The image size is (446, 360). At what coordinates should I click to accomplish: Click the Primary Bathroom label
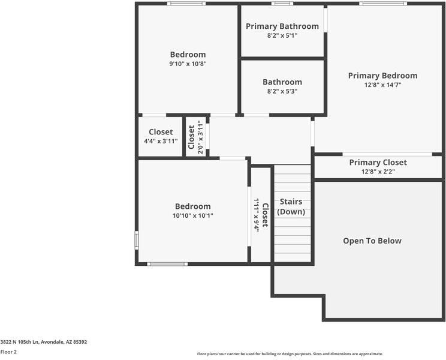point(282,26)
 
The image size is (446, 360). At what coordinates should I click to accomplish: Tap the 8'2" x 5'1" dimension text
point(282,36)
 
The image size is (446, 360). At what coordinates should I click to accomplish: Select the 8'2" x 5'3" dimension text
point(282,92)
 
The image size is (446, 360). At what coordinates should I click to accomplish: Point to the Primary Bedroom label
point(382,76)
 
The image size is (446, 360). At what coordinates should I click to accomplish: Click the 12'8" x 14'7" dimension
point(382,85)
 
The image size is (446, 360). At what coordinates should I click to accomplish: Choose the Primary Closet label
point(378,163)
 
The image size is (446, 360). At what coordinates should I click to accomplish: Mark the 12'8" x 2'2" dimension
point(378,172)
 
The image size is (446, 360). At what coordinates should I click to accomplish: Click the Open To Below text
point(372,241)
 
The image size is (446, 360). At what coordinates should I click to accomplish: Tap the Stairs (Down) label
point(291,207)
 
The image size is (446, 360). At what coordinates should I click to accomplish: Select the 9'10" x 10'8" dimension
point(188,64)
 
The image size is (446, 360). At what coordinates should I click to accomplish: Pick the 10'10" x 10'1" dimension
point(192,216)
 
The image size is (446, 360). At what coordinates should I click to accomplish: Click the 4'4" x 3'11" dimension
point(161,141)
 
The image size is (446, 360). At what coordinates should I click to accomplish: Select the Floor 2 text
point(8,352)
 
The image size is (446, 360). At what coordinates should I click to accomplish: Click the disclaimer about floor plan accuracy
point(290,354)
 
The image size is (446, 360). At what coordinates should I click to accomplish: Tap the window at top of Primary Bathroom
point(282,4)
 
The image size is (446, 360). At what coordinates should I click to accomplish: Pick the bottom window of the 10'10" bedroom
point(167,264)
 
